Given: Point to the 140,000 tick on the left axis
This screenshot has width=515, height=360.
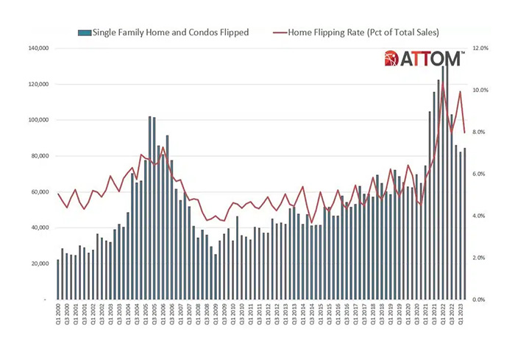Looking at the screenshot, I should click(37, 48).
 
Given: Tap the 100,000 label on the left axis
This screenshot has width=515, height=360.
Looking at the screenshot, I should click(37, 120).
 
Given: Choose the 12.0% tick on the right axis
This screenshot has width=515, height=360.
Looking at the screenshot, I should click(480, 48).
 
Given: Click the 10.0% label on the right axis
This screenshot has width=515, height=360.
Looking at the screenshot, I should click(480, 90).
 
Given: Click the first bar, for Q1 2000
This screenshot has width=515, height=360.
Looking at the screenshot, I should click(58, 280).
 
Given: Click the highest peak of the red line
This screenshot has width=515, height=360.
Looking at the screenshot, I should click(443, 88).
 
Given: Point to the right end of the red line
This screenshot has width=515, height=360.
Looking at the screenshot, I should click(465, 133).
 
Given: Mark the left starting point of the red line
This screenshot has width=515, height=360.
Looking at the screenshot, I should click(58, 194).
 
